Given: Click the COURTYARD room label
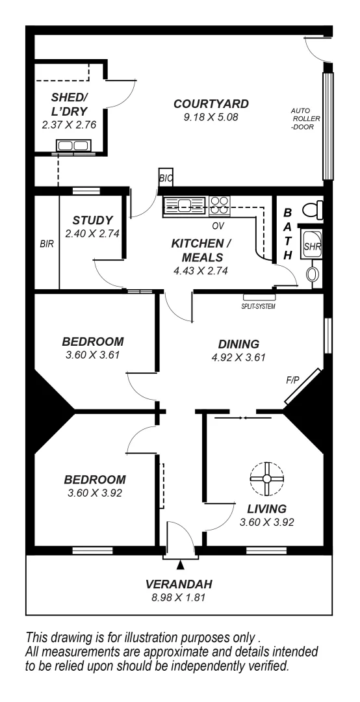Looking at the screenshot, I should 211,104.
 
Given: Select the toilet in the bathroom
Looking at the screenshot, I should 315,210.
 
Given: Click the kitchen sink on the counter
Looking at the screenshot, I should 185,206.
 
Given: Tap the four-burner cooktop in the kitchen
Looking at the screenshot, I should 219,205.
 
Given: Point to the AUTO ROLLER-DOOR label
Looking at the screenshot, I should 302,119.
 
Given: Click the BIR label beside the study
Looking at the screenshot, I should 46,245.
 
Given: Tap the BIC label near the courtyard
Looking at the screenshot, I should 166,177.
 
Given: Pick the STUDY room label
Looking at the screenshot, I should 92,220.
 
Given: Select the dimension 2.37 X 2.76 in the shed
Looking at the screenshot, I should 69,124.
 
